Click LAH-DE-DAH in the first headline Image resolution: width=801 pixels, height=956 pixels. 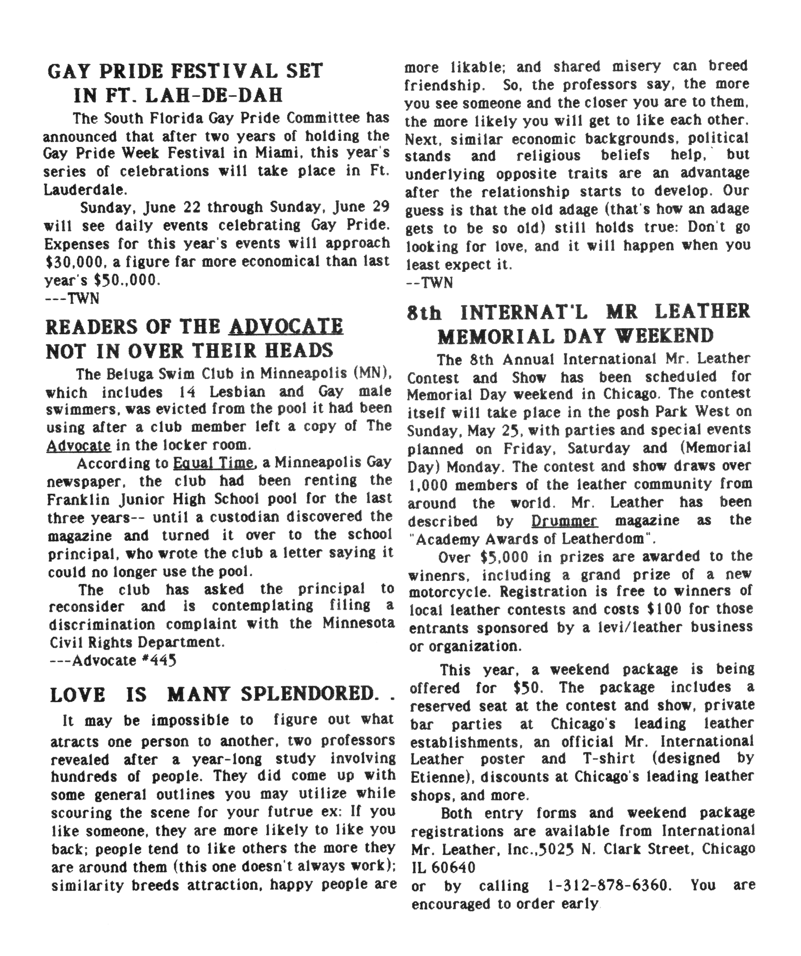[x=214, y=95]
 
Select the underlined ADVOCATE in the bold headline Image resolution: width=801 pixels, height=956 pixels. [x=286, y=326]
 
